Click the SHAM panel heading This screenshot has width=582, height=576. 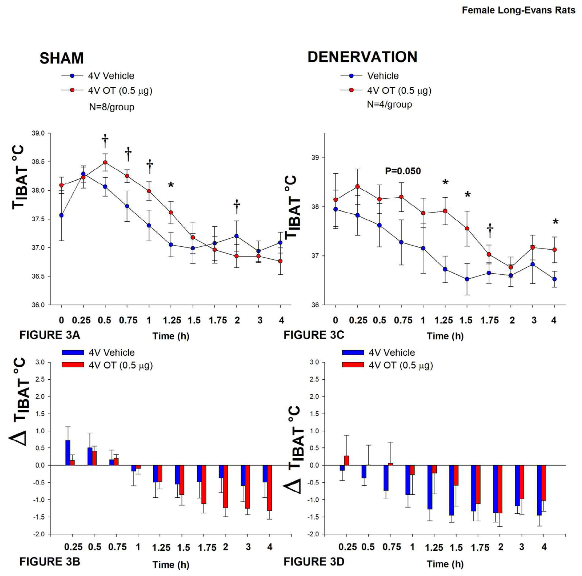point(61,58)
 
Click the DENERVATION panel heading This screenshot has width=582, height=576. point(362,57)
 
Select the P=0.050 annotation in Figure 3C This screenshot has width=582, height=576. point(403,171)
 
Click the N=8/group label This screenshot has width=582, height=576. point(111,107)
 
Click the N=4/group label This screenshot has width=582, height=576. point(389,105)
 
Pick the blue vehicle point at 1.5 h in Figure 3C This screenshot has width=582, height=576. point(467,279)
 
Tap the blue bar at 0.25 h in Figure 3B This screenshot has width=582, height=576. point(68,452)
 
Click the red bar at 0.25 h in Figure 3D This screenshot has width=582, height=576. point(346,461)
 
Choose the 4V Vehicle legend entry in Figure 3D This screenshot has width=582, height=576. point(391,353)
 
